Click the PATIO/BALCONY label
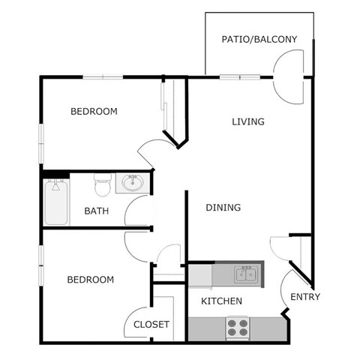tap(259, 39)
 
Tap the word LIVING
tap(248, 121)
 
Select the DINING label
tap(223, 207)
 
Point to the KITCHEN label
tap(222, 301)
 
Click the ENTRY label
tap(304, 296)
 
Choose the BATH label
tap(96, 211)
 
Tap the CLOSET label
tap(151, 325)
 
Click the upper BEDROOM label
tap(94, 112)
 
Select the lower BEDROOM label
tap(90, 280)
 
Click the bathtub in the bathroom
tap(55, 202)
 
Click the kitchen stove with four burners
tap(238, 327)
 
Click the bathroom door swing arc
tap(137, 212)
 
